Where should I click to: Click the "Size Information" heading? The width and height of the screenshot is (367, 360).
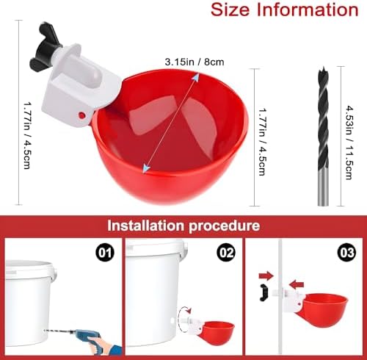(x=285, y=10)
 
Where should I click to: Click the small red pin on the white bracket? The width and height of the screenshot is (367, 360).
(x=81, y=115)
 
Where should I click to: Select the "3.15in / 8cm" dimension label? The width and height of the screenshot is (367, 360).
(x=195, y=62)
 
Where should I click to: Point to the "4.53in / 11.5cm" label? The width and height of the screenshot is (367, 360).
(x=349, y=143)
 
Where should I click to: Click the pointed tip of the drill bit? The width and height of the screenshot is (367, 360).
(x=324, y=67)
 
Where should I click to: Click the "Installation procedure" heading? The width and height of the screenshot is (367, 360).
(x=183, y=226)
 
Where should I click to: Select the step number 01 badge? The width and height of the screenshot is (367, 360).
(x=105, y=253)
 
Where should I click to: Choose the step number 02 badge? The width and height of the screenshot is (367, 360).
(x=226, y=253)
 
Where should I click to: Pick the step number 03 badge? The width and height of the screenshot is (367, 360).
(x=347, y=253)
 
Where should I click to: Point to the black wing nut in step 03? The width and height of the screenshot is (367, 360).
(x=264, y=293)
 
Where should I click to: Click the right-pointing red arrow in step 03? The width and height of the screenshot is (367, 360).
(x=266, y=276)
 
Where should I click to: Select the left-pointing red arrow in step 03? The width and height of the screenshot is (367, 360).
(x=297, y=285)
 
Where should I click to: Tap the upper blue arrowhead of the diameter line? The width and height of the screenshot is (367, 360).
(x=195, y=77)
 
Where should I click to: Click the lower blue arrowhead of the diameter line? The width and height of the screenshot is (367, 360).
(x=146, y=168)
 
